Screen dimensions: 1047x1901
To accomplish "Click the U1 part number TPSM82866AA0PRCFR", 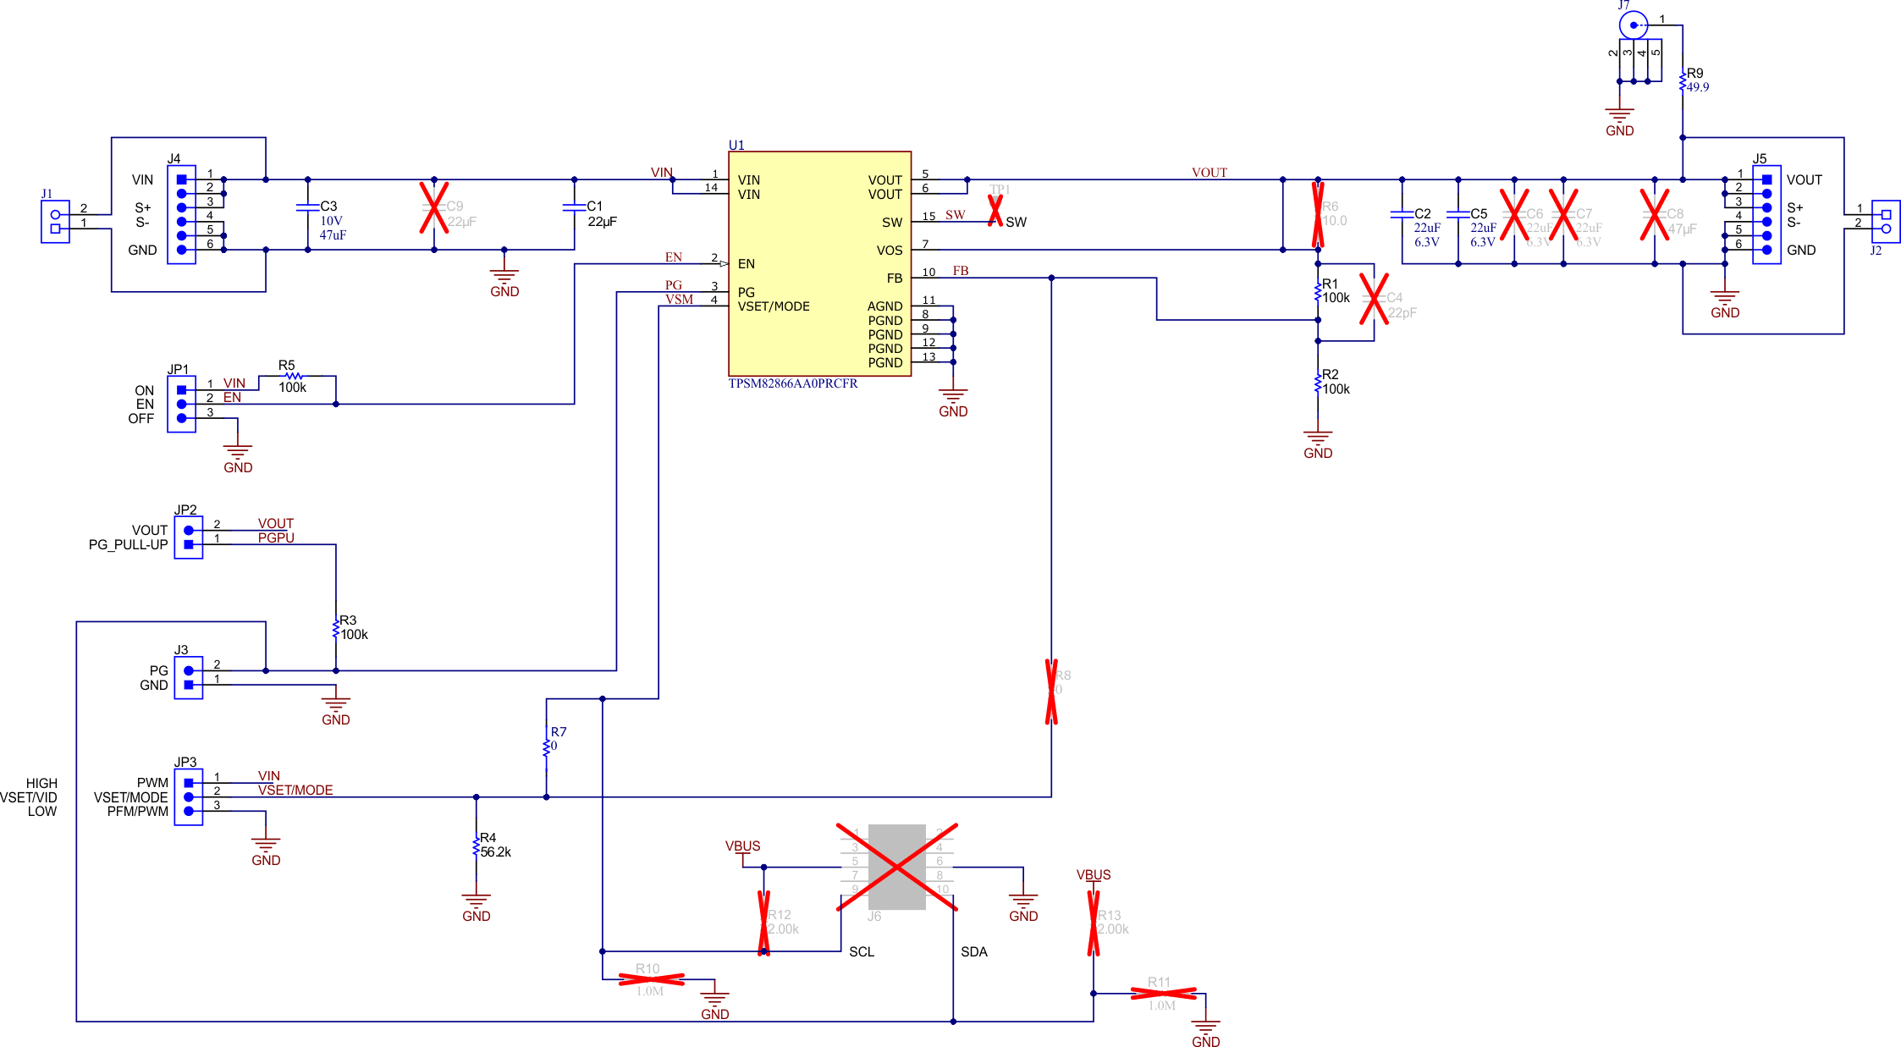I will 793,383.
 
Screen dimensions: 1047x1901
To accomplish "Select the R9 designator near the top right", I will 1694,74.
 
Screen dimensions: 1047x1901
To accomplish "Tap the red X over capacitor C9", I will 434,207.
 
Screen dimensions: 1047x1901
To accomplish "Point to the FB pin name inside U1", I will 894,278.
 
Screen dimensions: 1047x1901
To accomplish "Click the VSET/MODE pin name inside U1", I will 774,306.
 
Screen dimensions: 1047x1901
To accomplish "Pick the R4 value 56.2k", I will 496,852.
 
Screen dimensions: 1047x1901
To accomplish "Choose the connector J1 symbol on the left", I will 55,222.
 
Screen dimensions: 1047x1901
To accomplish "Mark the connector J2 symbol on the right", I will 1886,222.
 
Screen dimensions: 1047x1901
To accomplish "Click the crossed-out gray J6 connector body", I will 897,868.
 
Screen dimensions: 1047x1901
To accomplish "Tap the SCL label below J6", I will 862,952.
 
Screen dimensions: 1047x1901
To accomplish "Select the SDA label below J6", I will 974,952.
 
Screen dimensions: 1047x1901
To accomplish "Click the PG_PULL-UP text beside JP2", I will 129,545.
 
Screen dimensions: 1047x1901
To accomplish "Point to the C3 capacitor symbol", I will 308,207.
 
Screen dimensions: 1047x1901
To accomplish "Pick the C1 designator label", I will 595,207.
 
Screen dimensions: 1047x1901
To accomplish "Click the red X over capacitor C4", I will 1374,298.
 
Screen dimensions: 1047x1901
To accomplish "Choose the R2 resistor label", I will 1331,375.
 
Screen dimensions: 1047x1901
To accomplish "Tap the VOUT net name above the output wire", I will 1209,173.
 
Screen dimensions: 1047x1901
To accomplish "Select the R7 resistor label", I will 559,732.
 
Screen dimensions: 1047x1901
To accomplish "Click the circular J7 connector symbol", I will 1634,25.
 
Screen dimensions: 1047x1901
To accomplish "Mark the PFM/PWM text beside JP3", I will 138,812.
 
